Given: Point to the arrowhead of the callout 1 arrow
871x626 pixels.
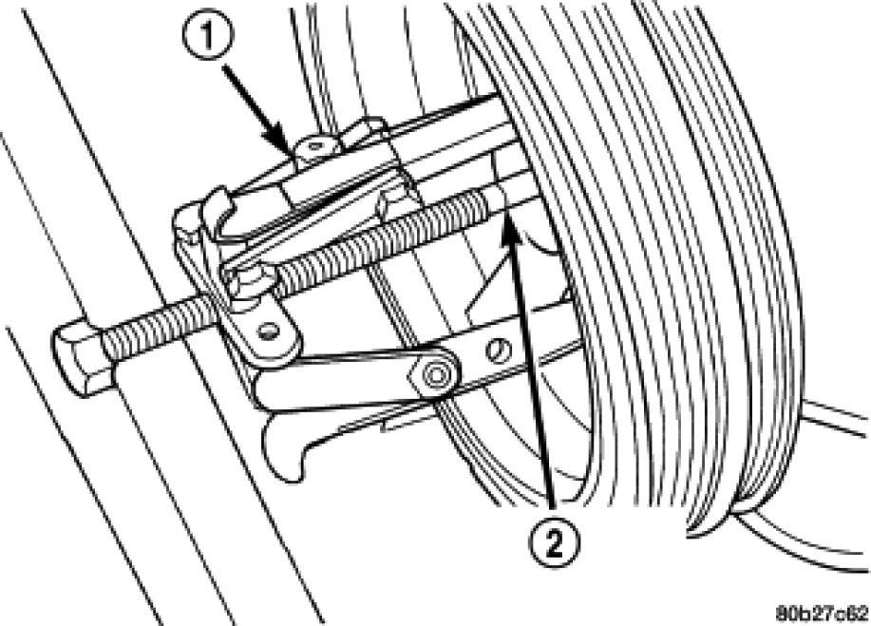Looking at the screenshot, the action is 291,151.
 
